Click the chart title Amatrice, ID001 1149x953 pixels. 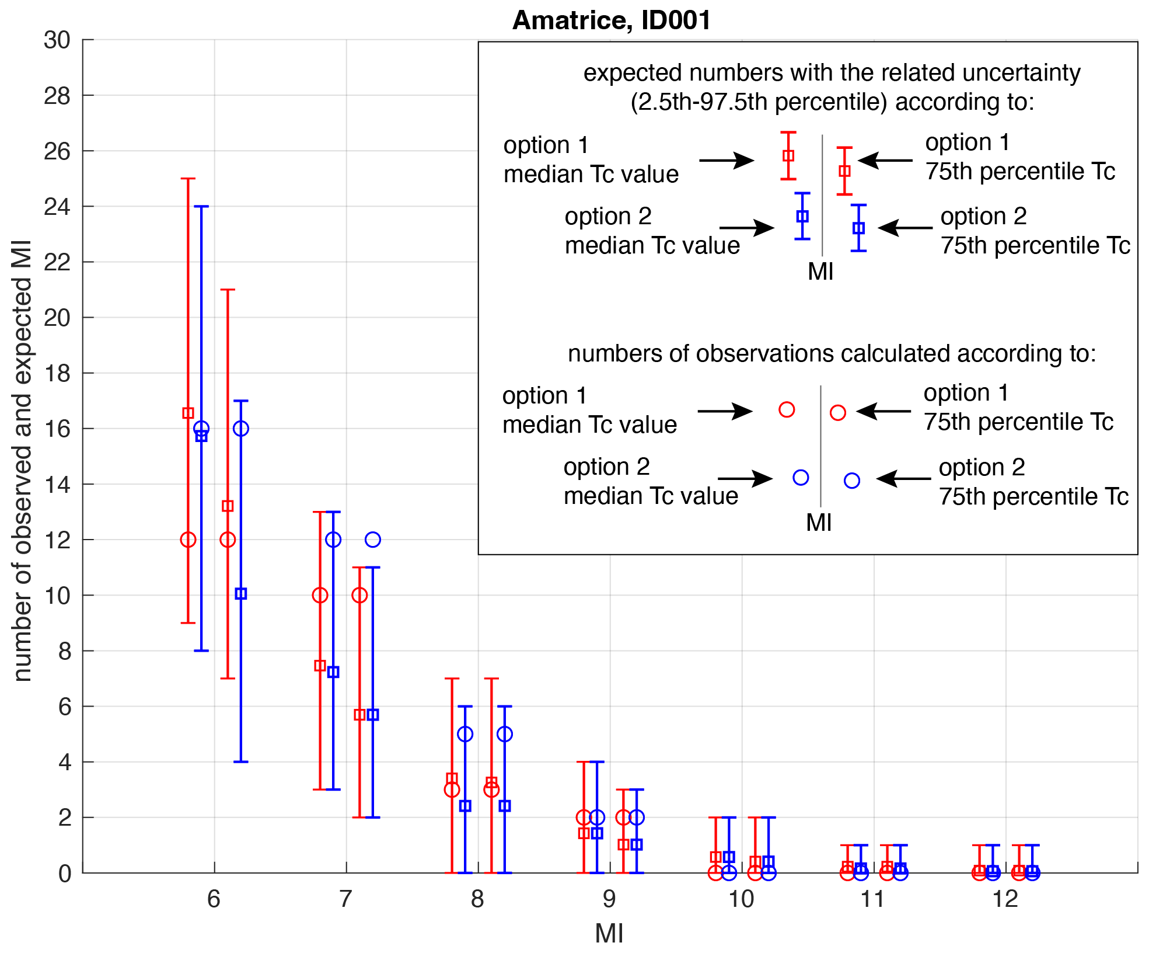(x=611, y=20)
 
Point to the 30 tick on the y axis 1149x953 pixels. (x=57, y=40)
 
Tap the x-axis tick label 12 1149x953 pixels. (x=1005, y=899)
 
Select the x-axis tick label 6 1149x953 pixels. (x=214, y=899)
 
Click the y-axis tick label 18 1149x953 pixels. (x=57, y=374)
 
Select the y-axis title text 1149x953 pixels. (x=22, y=461)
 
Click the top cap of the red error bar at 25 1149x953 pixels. (x=188, y=179)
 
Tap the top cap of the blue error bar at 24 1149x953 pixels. (x=201, y=207)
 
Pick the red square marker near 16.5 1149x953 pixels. (x=188, y=413)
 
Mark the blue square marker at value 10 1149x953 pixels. (x=241, y=594)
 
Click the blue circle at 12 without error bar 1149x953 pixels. (x=373, y=540)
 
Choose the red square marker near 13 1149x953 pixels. (x=228, y=506)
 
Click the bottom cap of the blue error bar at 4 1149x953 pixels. (x=241, y=761)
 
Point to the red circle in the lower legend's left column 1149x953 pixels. (x=787, y=410)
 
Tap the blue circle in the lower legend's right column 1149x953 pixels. (x=852, y=481)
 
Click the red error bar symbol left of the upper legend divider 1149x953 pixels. (x=788, y=156)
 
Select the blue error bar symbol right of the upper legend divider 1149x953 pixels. (x=858, y=228)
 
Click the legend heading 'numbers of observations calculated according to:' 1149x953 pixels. (x=832, y=354)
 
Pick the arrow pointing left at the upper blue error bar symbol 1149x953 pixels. (x=904, y=228)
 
